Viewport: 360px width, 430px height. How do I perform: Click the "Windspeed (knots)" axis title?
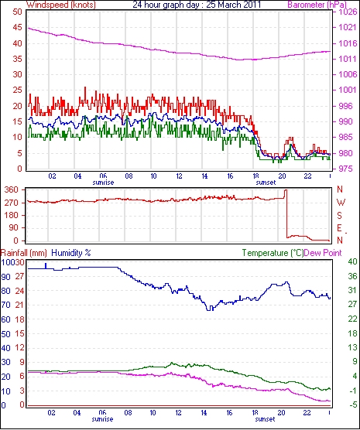(x=61, y=5)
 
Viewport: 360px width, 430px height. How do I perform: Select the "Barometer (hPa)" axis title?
(x=317, y=5)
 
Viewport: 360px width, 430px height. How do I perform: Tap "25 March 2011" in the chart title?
(x=233, y=5)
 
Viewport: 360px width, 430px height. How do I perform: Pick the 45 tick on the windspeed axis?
(x=18, y=28)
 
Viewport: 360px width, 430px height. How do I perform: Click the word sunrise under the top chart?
(x=103, y=183)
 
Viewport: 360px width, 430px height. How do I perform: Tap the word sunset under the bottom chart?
(x=265, y=419)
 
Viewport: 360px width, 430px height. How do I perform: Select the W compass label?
(x=341, y=203)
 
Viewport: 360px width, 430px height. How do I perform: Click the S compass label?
(x=340, y=216)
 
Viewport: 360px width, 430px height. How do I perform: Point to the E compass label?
(x=340, y=228)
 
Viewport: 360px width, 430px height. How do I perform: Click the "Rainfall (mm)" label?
(x=24, y=253)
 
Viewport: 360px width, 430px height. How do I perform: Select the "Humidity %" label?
(x=71, y=253)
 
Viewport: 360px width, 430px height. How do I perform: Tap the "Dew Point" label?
(x=323, y=253)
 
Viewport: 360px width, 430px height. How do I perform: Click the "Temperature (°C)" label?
(x=273, y=253)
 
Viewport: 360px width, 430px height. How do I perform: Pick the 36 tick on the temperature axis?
(x=352, y=276)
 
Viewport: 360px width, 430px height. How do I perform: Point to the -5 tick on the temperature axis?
(x=352, y=404)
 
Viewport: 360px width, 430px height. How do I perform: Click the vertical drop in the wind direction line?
(x=286, y=213)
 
